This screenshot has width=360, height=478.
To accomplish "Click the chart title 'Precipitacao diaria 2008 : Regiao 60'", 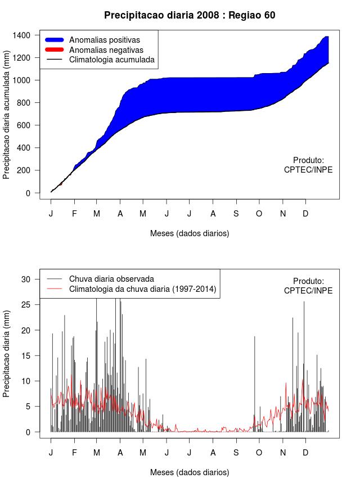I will pos(190,15).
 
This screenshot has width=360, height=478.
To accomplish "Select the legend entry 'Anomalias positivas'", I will pos(104,40).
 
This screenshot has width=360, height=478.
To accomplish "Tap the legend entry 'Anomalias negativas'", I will pos(106,50).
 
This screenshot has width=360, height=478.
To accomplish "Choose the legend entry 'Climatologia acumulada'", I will pos(111,60).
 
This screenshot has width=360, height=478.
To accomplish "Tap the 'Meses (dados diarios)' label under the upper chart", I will pos(190,233).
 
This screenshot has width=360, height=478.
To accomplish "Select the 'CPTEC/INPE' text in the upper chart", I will pos(308,170).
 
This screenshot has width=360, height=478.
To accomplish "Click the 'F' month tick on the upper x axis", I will pos(74,214).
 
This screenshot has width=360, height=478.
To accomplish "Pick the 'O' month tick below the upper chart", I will pos(259,214).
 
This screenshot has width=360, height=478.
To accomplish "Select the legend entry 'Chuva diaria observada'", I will pos(111,279).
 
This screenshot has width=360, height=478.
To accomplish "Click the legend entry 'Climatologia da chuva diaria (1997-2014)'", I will pos(142,289).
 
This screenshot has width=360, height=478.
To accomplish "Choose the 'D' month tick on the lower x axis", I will pos(305,453).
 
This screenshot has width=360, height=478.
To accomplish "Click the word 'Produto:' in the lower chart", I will pos(308,281).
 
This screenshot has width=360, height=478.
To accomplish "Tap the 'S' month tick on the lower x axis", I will pos(236,453).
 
